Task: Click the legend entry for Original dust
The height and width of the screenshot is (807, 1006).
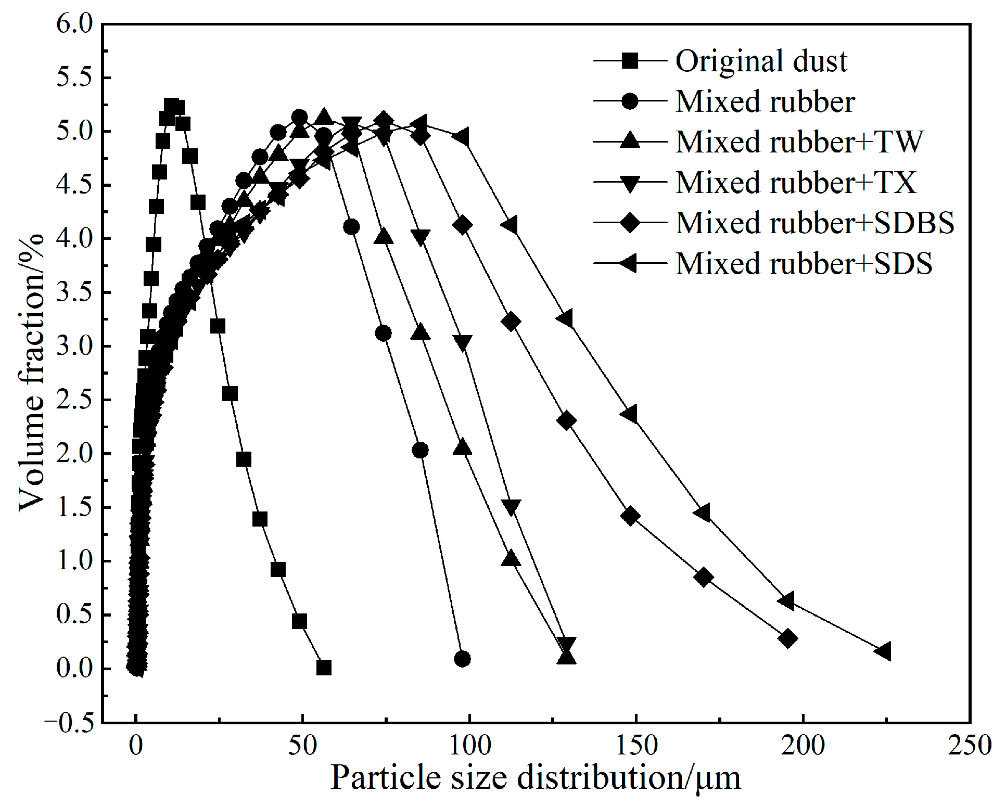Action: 761,61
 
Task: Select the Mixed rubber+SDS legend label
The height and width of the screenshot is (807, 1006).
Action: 804,263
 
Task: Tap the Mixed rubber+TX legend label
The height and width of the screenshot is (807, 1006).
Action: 796,183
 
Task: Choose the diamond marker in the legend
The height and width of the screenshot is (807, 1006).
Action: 630,223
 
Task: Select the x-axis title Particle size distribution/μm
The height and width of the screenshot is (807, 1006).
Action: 535,778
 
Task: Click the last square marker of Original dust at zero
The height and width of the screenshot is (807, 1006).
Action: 324,668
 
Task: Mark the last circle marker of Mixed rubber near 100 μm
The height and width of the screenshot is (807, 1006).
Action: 462,659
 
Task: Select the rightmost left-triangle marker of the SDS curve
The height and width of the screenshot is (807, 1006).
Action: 883,651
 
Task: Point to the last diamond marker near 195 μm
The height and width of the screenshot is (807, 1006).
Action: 788,638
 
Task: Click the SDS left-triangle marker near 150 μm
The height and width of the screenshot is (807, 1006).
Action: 629,415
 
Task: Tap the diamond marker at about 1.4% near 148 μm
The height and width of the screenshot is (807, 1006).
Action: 630,516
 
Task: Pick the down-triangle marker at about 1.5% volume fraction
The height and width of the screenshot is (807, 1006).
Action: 511,506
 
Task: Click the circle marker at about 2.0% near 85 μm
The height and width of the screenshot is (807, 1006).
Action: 420,450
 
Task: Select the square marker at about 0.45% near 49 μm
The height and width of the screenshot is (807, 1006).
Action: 299,621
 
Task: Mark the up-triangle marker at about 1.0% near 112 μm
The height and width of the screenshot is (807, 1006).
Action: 511,559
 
